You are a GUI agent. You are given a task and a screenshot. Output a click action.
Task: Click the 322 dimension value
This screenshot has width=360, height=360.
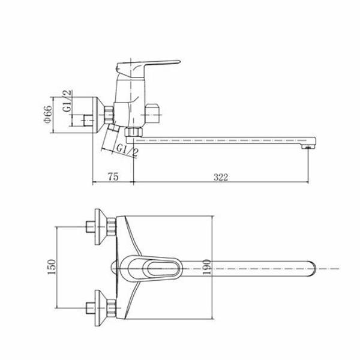(221, 177)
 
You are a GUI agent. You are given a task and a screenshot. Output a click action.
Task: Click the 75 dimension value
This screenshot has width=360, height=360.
(113, 177)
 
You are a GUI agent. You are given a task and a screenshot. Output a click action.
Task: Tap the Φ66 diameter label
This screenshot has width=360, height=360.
(48, 115)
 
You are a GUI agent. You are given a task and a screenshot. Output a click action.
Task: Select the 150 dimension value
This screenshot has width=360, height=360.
(52, 267)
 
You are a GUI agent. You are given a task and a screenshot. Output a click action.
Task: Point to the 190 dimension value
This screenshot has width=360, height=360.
(206, 267)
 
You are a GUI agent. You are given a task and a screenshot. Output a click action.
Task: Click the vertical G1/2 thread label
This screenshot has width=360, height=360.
(67, 101)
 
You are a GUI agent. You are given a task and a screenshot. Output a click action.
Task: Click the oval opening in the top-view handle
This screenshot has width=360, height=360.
(163, 269)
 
